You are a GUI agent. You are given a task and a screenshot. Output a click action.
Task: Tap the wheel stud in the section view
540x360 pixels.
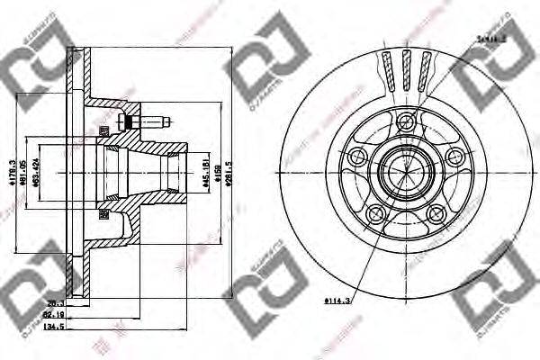pyautogui.click(x=144, y=121)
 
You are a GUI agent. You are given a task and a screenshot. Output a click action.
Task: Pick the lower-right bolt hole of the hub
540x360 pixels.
pyautogui.click(x=437, y=213)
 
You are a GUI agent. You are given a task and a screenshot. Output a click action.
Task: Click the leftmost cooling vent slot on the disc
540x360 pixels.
pyautogui.click(x=387, y=69)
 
